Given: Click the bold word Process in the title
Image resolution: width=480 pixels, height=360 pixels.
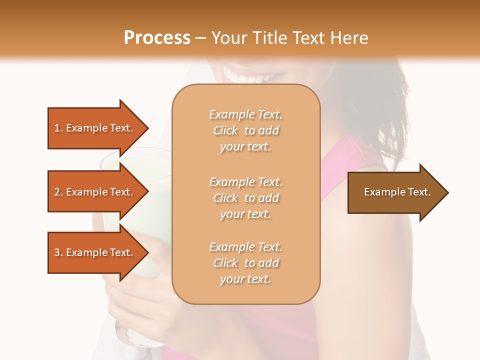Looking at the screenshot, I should (x=157, y=38).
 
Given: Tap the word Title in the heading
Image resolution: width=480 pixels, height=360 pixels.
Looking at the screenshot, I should (x=270, y=38).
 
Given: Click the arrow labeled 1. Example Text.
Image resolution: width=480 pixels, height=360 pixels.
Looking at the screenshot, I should (x=95, y=128).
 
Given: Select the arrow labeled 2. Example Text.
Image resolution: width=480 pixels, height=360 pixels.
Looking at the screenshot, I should (x=95, y=192).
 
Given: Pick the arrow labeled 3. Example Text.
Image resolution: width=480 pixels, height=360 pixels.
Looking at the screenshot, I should (x=95, y=252).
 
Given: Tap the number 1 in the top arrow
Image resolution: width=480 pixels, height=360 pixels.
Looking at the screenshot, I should (x=57, y=128).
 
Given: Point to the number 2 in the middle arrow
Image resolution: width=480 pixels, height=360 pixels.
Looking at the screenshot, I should (x=57, y=192).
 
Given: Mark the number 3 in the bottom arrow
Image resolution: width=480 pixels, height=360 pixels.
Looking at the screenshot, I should (x=57, y=252).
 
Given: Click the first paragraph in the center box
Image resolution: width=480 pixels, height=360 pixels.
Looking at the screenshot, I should (x=245, y=130).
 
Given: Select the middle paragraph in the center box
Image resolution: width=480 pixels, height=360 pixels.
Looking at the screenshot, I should (x=245, y=198).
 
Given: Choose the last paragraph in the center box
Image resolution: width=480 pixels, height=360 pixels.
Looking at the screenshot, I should (x=245, y=263).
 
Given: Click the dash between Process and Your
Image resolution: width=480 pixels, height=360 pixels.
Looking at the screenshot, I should (x=201, y=38).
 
